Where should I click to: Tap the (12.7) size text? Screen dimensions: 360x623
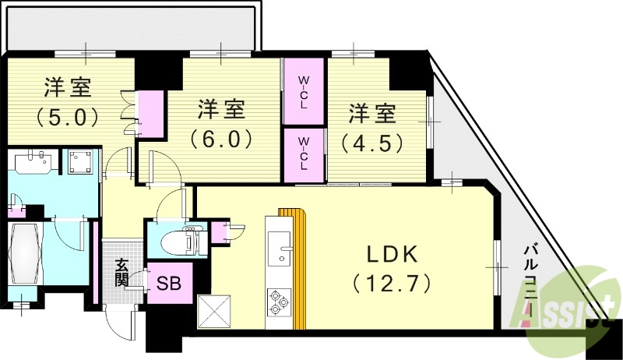click(x=391, y=282)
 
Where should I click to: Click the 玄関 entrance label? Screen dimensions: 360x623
click(x=122, y=274)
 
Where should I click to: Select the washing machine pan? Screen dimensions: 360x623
click(x=81, y=162)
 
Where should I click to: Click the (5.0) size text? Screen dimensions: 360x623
click(x=65, y=118)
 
